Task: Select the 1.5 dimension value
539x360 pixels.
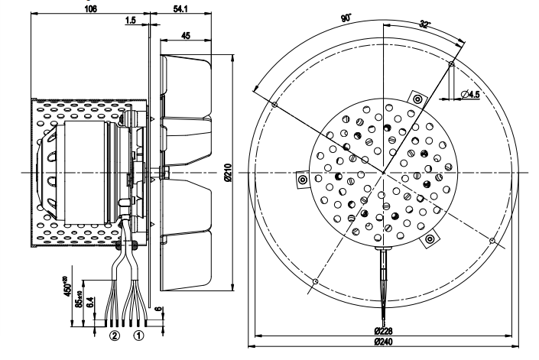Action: coord(132,21)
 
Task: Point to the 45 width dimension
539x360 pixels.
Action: coord(186,34)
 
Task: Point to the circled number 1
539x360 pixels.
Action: coord(138,334)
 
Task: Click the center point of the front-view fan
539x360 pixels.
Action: coord(383,174)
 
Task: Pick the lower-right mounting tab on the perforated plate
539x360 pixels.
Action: coord(430,239)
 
